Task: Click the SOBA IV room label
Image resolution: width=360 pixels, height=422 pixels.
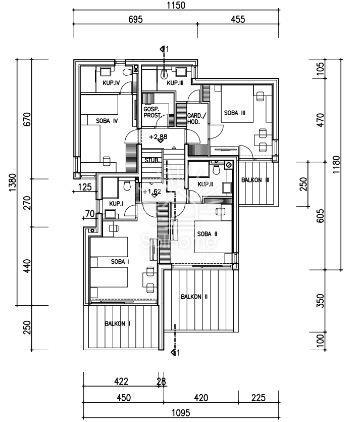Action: tap(107, 121)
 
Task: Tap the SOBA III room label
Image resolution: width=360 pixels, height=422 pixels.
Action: tap(234, 113)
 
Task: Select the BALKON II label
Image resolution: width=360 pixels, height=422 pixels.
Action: tap(194, 297)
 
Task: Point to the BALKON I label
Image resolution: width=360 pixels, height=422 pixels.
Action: tap(118, 323)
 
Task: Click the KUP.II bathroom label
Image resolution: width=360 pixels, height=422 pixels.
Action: tap(205, 184)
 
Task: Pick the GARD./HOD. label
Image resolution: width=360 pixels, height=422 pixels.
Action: tap(196, 119)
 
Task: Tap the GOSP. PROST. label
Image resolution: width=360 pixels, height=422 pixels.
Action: tap(152, 112)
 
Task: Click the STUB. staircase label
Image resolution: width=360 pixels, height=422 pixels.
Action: tap(152, 160)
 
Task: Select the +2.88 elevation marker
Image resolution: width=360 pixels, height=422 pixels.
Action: tap(158, 137)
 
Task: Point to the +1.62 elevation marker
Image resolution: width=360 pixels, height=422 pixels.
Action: tap(152, 192)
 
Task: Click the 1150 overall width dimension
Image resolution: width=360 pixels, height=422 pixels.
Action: tap(176, 5)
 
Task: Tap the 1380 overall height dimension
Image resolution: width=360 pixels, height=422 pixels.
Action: tap(12, 183)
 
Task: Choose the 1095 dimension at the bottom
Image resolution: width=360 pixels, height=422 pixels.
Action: tap(181, 412)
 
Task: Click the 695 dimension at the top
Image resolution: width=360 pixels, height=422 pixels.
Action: tap(135, 19)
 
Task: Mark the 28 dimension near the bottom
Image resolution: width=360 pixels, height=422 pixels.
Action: tap(161, 382)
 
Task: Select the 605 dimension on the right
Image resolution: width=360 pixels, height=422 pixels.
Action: tap(320, 216)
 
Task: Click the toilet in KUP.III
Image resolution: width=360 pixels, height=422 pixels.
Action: tap(164, 74)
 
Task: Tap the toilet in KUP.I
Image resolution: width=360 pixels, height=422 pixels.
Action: tap(127, 185)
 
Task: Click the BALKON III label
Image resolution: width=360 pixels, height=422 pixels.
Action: tap(255, 180)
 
